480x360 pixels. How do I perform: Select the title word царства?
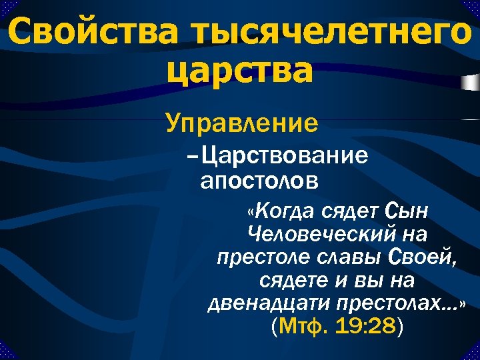pos(240,71)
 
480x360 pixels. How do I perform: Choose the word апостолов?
pos(259,180)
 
